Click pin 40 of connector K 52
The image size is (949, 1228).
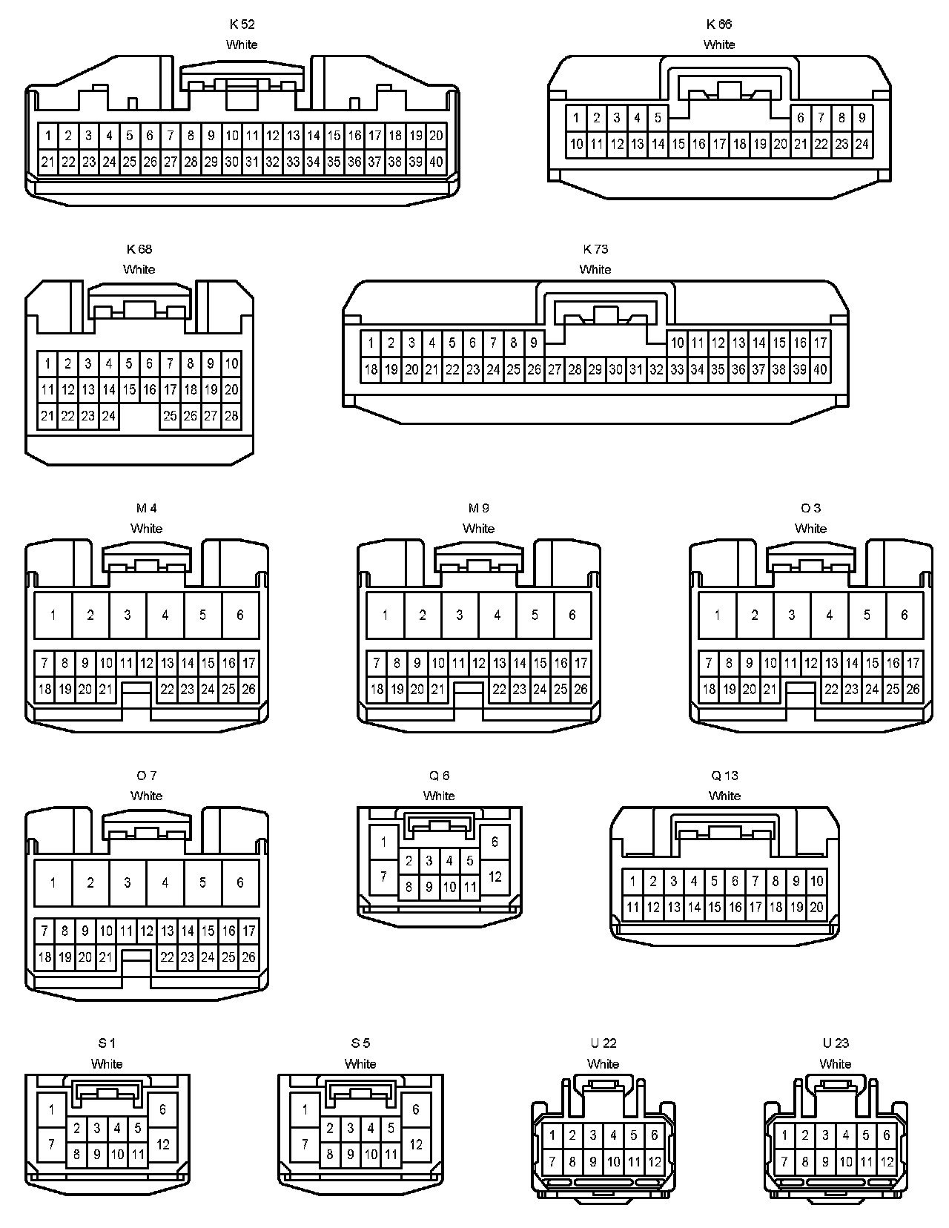436,162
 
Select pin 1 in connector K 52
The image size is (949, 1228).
48,135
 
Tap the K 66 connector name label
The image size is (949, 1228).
718,24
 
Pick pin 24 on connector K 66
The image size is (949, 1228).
862,144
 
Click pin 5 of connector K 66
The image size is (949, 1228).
658,117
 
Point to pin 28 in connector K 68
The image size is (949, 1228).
231,416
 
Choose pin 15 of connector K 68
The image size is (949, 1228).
129,389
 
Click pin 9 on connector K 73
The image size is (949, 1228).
534,343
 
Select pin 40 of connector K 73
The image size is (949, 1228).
820,369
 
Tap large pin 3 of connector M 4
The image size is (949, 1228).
128,615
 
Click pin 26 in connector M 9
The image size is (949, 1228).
581,690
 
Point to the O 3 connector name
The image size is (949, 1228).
810,508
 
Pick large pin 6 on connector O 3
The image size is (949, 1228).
904,615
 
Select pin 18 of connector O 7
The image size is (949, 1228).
44,957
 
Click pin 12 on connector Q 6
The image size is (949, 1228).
495,877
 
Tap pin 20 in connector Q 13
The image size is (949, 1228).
816,907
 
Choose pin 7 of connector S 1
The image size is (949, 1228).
51,1144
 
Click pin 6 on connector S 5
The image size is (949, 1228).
416,1109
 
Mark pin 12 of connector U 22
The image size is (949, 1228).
655,1162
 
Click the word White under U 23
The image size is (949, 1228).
835,1063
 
